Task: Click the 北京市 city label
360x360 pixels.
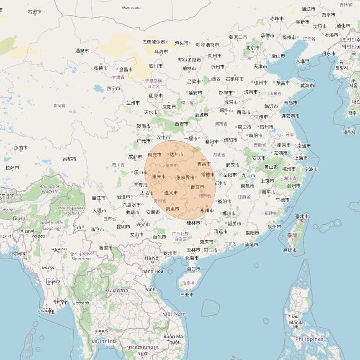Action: [x=252, y=48]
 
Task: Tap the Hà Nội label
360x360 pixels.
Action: [x=152, y=258]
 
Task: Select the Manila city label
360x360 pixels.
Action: [x=296, y=323]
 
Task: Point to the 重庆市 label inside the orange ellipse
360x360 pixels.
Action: [x=159, y=177]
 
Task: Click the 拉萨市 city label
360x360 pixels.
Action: [x=13, y=167]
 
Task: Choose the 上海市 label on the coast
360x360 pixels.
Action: [x=301, y=158]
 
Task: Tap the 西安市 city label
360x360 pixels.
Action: [x=182, y=124]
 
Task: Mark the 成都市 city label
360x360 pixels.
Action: [x=135, y=157]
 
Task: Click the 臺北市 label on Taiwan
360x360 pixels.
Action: [x=301, y=216]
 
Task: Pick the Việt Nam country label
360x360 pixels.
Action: [x=174, y=314]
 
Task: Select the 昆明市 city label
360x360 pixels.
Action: [x=123, y=227]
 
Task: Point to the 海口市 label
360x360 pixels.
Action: [x=193, y=269]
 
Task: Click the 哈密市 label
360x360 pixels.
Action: [x=34, y=12]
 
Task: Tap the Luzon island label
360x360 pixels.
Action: [x=294, y=316]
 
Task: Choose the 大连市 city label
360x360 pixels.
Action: [x=303, y=61]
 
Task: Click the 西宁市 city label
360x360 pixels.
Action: [x=113, y=88]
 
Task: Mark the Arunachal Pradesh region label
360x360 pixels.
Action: [x=49, y=189]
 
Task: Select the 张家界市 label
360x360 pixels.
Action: [x=185, y=177]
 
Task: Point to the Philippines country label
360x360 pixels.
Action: [x=310, y=339]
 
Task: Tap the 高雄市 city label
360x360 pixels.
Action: [x=290, y=250]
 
